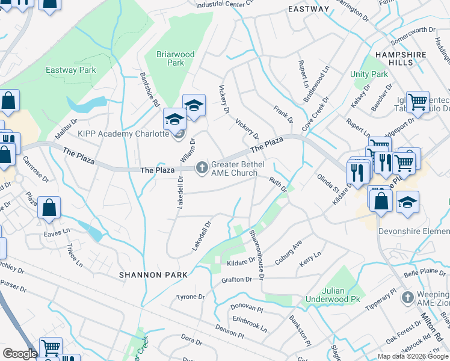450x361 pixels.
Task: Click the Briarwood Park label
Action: click(175, 58)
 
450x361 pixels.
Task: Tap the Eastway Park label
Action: click(70, 70)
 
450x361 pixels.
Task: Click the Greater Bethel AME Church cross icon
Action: click(202, 168)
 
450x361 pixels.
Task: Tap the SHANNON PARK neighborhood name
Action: click(153, 274)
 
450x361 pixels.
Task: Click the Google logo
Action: click(20, 354)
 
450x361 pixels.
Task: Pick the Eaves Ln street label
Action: click(57, 230)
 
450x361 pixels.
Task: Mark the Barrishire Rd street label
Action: click(146, 85)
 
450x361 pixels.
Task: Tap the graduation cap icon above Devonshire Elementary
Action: click(407, 202)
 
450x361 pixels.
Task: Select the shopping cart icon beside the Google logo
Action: click(51, 347)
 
